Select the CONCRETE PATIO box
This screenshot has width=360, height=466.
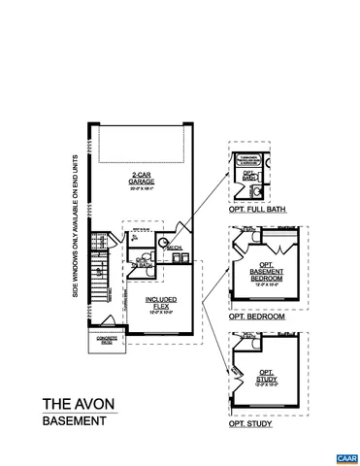click(106, 340)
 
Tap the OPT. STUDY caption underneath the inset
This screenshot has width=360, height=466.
click(249, 424)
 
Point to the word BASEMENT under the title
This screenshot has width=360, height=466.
click(73, 421)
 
